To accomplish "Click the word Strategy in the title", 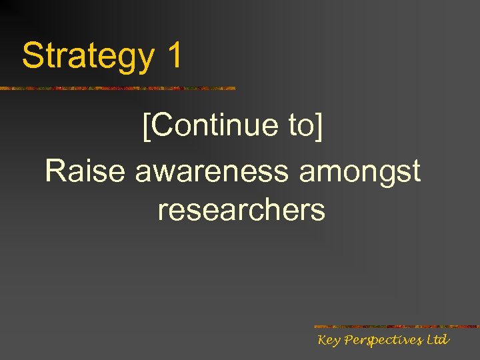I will (87, 56).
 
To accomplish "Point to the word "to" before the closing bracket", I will (301, 125).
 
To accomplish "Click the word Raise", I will (85, 171).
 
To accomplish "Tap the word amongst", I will (360, 173).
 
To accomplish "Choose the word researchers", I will (241, 210).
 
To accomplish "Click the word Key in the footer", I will (329, 341).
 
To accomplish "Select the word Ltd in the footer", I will (438, 340).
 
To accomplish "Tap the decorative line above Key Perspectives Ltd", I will (396, 327).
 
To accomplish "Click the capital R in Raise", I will (55, 171).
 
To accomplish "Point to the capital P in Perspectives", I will (349, 340).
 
